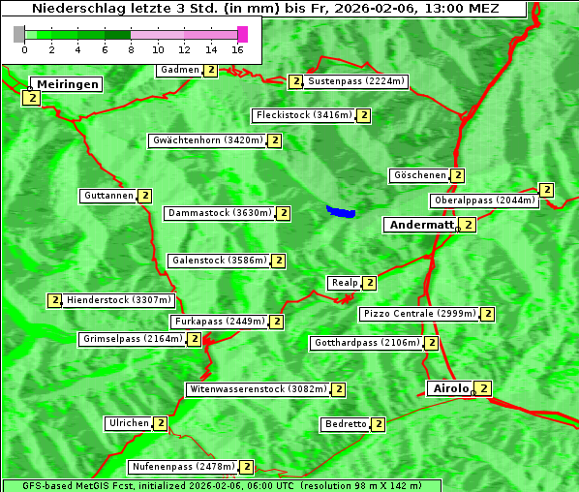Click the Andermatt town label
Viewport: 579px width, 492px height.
tap(420, 225)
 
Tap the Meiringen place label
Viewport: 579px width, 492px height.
tap(68, 84)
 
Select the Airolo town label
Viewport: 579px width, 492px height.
tap(450, 388)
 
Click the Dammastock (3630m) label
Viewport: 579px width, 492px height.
tap(220, 213)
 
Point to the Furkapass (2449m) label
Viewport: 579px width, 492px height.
tap(219, 322)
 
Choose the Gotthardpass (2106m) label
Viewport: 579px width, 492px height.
tap(367, 343)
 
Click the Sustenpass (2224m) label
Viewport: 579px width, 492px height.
tap(356, 81)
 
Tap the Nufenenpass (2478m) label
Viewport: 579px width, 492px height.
tap(183, 467)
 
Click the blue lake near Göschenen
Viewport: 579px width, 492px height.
tap(341, 211)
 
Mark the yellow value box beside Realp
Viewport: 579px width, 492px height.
tap(370, 283)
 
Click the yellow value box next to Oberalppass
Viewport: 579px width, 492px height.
tap(547, 190)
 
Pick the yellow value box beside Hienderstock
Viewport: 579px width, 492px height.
tap(54, 300)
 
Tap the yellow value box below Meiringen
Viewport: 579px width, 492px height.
tap(30, 98)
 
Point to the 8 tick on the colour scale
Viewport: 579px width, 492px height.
tap(130, 48)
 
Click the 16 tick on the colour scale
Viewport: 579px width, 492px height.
tap(237, 48)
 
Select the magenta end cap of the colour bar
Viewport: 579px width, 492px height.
tap(242, 34)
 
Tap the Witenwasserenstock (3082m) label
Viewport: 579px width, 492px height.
tap(258, 389)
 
